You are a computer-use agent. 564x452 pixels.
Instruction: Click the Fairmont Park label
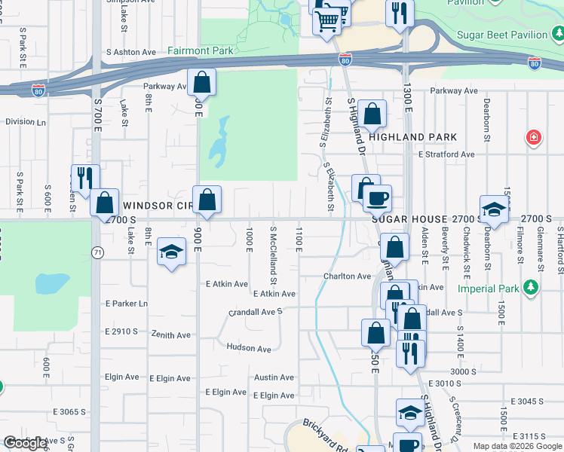[x=201, y=51]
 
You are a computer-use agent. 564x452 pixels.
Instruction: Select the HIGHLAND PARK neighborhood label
[x=413, y=137]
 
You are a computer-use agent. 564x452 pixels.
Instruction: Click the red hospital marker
[x=533, y=138]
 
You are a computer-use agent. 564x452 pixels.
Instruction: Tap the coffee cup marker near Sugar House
[x=377, y=198]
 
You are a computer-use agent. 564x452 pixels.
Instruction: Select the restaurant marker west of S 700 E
[x=85, y=178]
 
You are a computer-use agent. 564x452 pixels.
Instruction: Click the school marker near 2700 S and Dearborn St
[x=493, y=209]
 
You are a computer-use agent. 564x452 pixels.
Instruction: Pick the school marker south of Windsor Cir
[x=172, y=253]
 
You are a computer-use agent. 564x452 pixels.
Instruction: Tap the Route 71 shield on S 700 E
[x=97, y=253]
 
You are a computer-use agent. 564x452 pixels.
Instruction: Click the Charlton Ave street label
[x=348, y=276]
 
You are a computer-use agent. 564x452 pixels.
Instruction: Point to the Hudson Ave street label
[x=248, y=349]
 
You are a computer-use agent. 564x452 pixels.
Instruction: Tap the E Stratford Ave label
[x=446, y=154]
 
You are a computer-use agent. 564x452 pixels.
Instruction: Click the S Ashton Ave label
[x=131, y=53]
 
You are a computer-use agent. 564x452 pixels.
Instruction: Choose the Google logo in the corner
[x=26, y=444]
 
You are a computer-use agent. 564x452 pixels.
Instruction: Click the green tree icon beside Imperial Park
[x=532, y=288]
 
